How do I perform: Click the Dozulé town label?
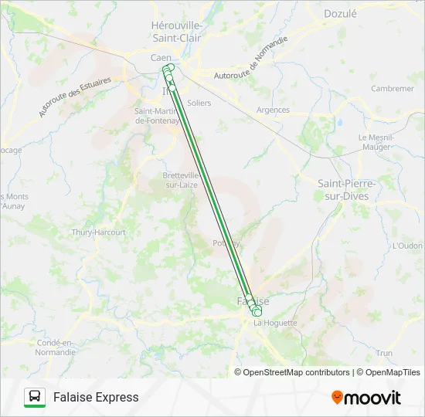coord(341,13)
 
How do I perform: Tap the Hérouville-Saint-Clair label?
coord(176,31)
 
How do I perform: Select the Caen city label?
coord(161,58)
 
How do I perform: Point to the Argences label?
coord(273,110)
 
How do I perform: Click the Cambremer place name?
coord(392,89)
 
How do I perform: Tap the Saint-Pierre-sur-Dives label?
coord(347,189)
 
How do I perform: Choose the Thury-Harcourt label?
coord(98,232)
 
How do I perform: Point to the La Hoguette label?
coord(274,323)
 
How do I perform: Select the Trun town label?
coord(384,353)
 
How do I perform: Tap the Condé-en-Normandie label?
coord(56,347)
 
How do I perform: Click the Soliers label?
coord(199,103)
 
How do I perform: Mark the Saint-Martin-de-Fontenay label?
coord(157,115)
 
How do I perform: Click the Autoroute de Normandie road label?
coord(250,59)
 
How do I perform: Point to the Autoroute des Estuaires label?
coord(75,97)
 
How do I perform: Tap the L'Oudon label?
coord(407,246)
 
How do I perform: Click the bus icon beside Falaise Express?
coord(35,398)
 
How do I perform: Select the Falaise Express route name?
coord(96,398)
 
